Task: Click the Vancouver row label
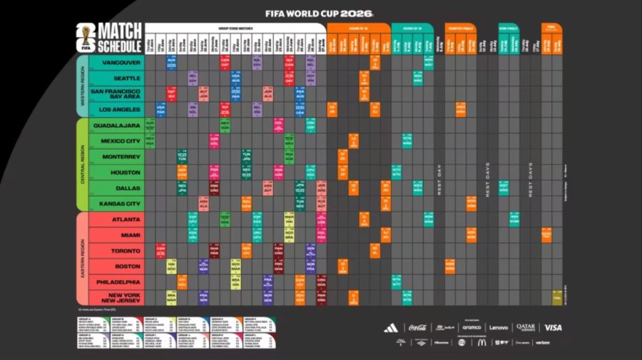(x=122, y=63)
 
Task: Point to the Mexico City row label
(x=121, y=140)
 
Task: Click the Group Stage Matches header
(x=235, y=28)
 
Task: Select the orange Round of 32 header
(x=358, y=28)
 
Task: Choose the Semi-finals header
(x=509, y=28)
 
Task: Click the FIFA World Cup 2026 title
(x=319, y=13)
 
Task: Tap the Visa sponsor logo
(x=553, y=328)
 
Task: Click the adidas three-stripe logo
(x=390, y=328)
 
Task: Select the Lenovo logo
(x=499, y=328)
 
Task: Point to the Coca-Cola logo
(x=417, y=328)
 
